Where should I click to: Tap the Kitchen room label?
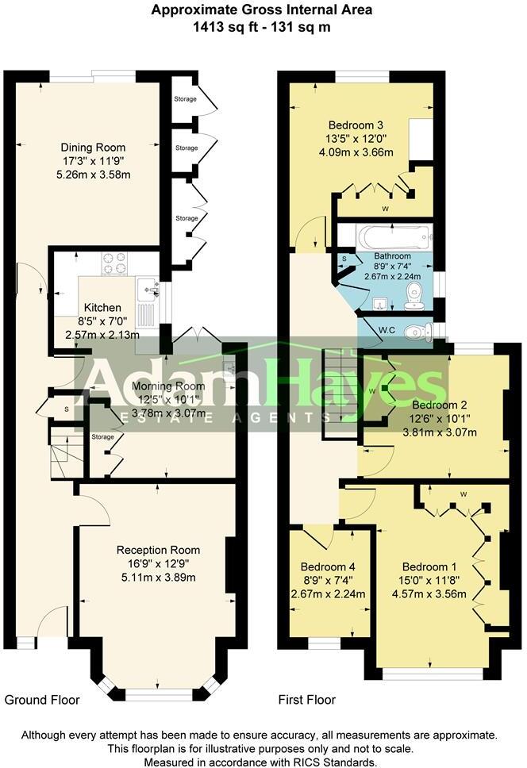[x=102, y=308]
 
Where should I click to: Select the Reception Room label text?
[x=158, y=550]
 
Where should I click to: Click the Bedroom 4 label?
[x=328, y=567]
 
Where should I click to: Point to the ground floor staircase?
[x=63, y=451]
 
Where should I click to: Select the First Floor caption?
[x=306, y=700]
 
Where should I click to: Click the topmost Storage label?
[x=186, y=99]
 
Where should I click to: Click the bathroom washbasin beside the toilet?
[x=380, y=301]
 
